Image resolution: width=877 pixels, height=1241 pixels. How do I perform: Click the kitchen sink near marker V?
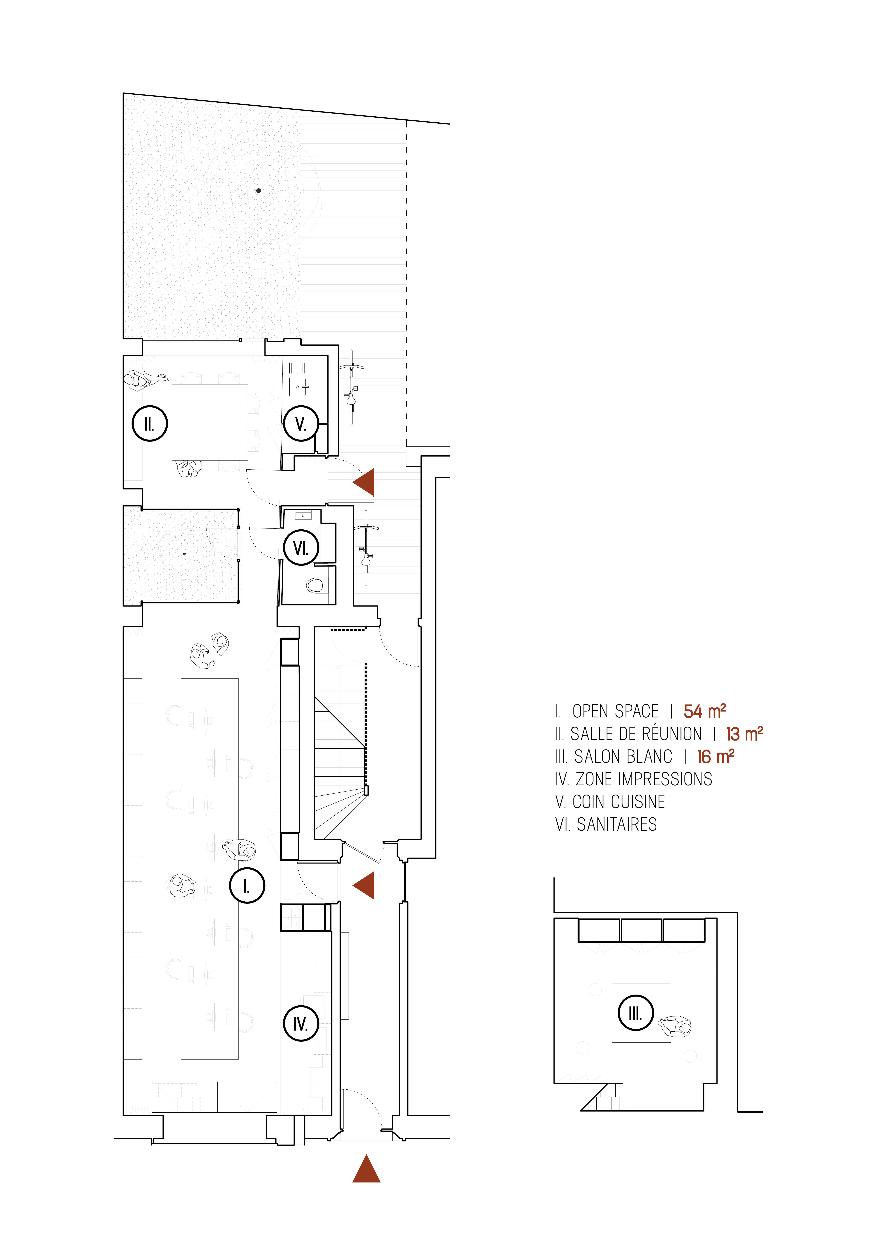(x=298, y=387)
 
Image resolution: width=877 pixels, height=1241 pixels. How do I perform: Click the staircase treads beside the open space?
(x=340, y=767)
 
